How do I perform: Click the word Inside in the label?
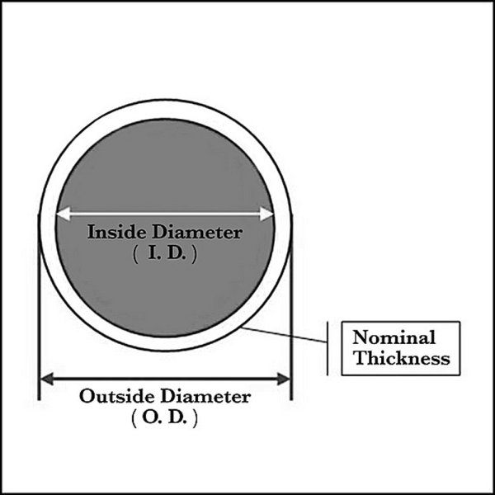pos(111,232)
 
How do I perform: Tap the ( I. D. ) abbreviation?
pos(164,255)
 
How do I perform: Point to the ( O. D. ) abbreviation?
pos(164,418)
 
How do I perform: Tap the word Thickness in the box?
pos(400,358)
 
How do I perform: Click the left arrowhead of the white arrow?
pos(61,214)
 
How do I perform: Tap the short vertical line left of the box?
pos(328,346)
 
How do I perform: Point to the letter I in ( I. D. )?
pos(151,255)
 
